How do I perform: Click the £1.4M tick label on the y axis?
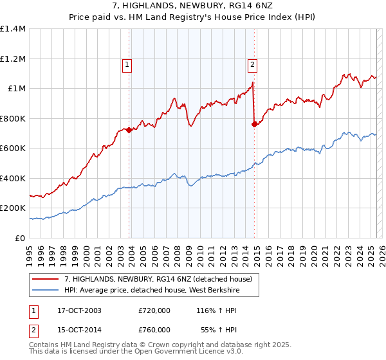[13, 29]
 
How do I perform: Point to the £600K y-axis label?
[13, 148]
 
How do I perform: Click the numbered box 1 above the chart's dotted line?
[127, 64]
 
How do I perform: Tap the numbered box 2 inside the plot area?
[252, 64]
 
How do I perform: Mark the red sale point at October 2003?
[129, 130]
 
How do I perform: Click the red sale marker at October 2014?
[255, 124]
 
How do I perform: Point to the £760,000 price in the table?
[154, 329]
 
